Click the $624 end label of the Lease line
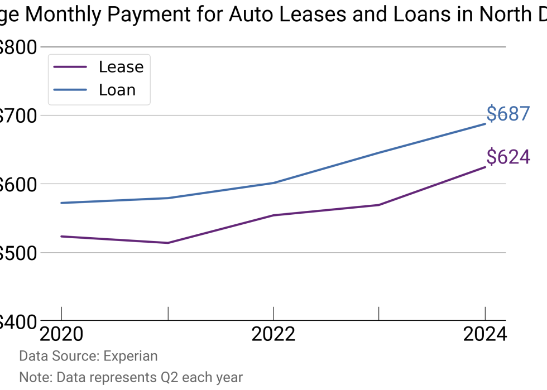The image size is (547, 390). click(x=507, y=157)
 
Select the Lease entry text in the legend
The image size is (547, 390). click(x=121, y=67)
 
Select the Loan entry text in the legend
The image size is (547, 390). click(x=117, y=90)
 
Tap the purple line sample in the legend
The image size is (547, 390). click(x=70, y=67)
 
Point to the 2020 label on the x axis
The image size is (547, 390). click(x=61, y=334)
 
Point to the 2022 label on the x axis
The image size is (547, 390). click(x=273, y=334)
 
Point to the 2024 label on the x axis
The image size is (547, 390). click(x=484, y=334)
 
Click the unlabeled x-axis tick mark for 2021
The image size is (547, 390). click(x=167, y=314)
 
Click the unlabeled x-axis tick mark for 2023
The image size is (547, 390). click(x=379, y=314)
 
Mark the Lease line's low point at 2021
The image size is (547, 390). click(x=167, y=243)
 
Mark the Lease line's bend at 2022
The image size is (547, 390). click(x=273, y=215)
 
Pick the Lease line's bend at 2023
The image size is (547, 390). click(x=379, y=205)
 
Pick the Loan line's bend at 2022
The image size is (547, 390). click(x=273, y=183)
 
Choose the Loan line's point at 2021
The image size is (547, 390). click(x=167, y=198)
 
